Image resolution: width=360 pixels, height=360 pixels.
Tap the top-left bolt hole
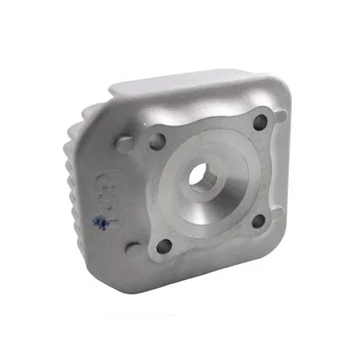[x=158, y=142]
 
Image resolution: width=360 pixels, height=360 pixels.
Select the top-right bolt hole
[x=260, y=122]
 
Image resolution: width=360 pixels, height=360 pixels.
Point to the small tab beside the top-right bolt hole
[x=280, y=117]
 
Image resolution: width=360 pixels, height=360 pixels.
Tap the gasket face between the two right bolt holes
[x=264, y=170]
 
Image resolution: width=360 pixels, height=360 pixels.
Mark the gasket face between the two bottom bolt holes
[x=211, y=240]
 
